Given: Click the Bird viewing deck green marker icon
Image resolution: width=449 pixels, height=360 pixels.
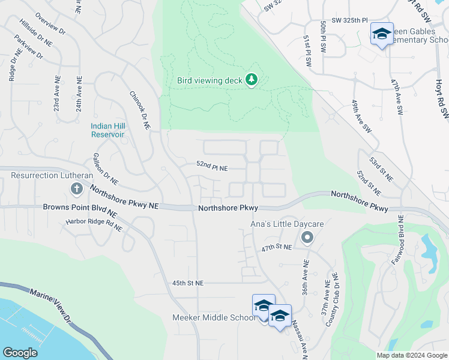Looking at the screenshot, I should (x=252, y=80).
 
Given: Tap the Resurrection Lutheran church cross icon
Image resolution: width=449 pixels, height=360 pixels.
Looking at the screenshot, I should (x=76, y=190).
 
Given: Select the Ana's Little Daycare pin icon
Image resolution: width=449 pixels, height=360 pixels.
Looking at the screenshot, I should (x=307, y=238).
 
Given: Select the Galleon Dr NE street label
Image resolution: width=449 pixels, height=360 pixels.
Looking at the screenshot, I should (x=105, y=169).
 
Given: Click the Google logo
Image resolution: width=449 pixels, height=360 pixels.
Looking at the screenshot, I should (x=20, y=353).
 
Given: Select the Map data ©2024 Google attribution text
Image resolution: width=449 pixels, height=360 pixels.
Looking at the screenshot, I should (x=412, y=355).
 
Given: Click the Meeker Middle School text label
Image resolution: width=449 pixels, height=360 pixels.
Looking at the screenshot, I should (x=213, y=317).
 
